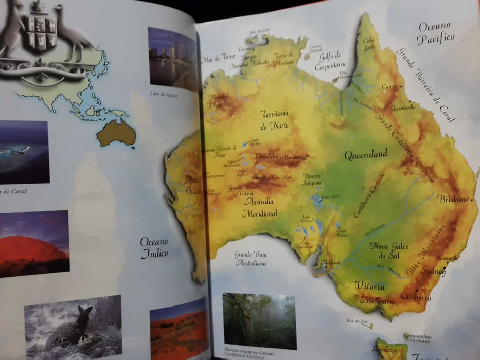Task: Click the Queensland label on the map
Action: [x=365, y=154]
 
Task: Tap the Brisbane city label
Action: [x=453, y=199]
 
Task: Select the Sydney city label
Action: [x=433, y=271]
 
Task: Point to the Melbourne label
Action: [x=378, y=301]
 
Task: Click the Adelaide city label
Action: [x=331, y=263]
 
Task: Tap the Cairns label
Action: [x=389, y=87]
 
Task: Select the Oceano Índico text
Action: [x=154, y=247]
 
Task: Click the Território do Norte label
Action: [x=274, y=119]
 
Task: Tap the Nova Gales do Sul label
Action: [x=389, y=250]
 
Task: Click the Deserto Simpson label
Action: [x=311, y=179]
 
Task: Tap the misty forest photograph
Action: [x=259, y=321]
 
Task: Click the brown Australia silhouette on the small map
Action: [x=117, y=133]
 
